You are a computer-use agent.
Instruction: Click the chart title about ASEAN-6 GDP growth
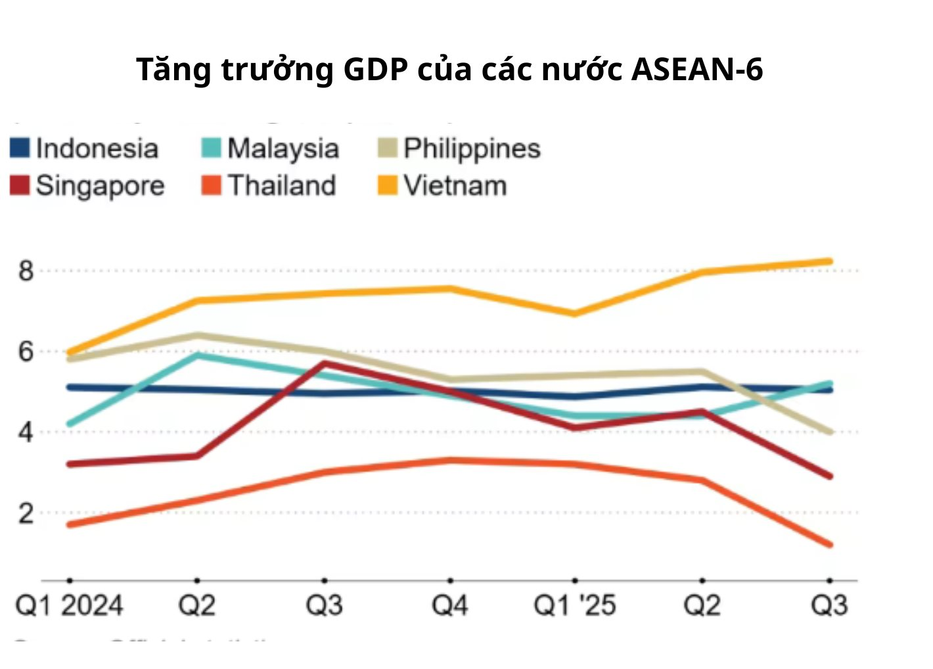pos(449,69)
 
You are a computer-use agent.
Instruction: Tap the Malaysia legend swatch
pos(211,148)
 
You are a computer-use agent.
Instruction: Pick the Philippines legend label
pos(472,149)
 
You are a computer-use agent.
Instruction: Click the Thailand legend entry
pos(281,186)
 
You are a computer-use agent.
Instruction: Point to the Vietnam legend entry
pos(454,186)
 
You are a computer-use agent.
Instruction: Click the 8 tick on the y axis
pos(26,270)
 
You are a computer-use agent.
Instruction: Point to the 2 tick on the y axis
pos(26,513)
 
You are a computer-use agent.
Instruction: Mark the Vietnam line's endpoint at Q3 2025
pos(829,262)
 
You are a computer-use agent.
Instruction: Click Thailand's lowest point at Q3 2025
pos(829,544)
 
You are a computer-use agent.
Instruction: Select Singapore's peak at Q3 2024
pos(324,363)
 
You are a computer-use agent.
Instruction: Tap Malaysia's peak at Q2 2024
pos(196,355)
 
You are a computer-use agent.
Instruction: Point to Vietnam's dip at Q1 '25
pos(575,313)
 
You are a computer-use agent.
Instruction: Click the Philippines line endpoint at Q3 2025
pos(829,432)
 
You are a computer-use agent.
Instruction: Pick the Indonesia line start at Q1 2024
pos(70,387)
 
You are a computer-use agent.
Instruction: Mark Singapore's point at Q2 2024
pos(196,455)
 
